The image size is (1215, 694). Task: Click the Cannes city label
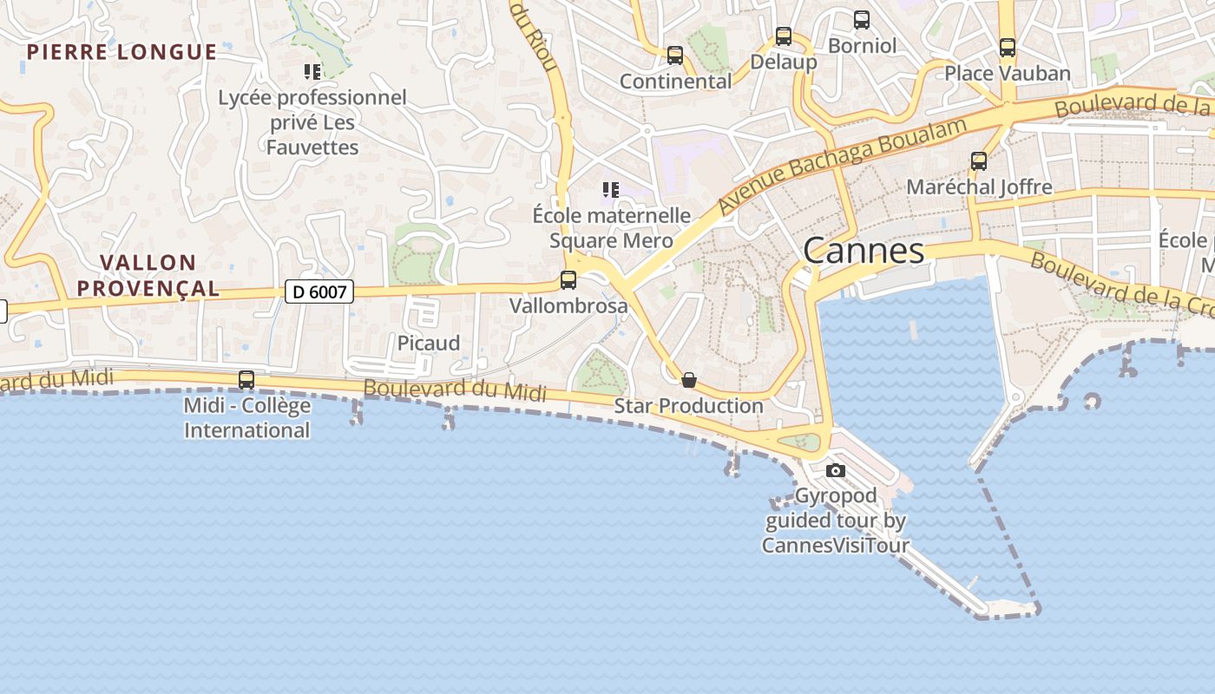coord(864,251)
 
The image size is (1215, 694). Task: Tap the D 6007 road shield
coord(319,292)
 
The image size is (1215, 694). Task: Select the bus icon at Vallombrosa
coord(568,280)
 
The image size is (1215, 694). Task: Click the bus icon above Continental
coord(675,56)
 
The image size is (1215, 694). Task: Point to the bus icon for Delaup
coord(784,36)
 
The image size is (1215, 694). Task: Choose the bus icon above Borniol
coord(862,19)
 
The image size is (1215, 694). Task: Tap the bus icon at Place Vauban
coord(1008,48)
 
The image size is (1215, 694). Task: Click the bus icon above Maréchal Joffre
coord(979,161)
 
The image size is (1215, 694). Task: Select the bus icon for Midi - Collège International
coord(246,380)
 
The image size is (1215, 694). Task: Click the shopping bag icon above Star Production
coord(689,380)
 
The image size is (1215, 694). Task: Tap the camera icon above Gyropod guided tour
coord(836,471)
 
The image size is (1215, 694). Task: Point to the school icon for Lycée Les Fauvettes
coord(312,71)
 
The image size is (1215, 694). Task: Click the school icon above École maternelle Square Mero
coord(611,189)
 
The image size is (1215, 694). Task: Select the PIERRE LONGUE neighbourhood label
coord(121,52)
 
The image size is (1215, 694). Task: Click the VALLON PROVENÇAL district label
coord(148,275)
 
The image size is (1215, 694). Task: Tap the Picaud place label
coord(429,344)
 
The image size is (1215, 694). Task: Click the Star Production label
coord(689,406)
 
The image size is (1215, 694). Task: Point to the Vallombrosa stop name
coord(568,306)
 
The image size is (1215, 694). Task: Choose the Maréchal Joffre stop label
coord(979,187)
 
